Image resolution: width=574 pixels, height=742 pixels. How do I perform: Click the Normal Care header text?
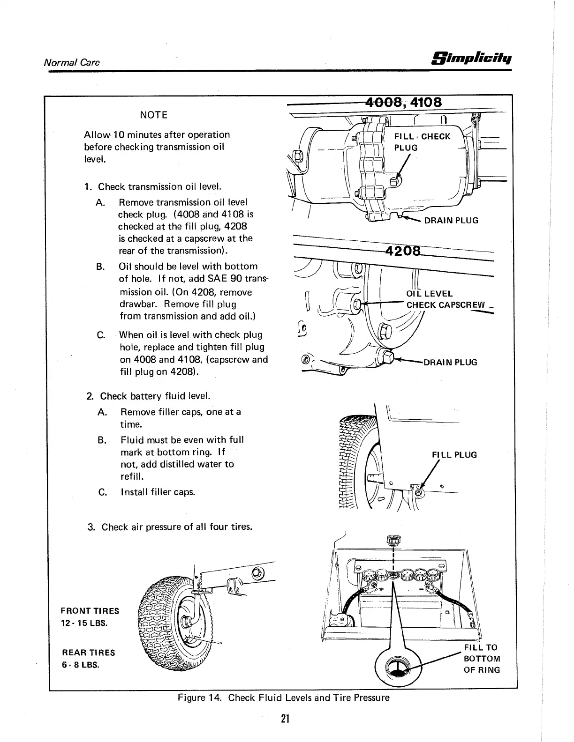pos(71,62)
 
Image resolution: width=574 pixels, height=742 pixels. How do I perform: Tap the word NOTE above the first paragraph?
pos(153,115)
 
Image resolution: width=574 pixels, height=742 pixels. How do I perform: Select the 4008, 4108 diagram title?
pos(404,102)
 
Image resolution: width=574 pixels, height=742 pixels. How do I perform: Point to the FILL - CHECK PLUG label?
pos(422,142)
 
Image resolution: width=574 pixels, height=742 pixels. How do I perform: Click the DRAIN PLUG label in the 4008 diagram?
pos(451,220)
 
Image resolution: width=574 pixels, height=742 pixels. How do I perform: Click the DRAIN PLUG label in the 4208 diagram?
pos(450,362)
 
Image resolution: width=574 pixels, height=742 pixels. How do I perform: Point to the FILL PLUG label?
pos(454,454)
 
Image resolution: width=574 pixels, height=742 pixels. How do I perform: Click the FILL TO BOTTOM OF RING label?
pos(482,658)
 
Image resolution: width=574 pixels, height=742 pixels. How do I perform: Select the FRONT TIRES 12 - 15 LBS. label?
pos(90,617)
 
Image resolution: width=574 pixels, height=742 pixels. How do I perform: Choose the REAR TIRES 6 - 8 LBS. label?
pos(88,658)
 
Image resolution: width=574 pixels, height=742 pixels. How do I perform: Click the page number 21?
pos(284,719)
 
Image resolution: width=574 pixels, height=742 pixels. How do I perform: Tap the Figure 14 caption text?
pos(283,697)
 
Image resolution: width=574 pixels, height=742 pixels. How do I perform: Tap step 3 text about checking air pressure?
pos(170,527)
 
